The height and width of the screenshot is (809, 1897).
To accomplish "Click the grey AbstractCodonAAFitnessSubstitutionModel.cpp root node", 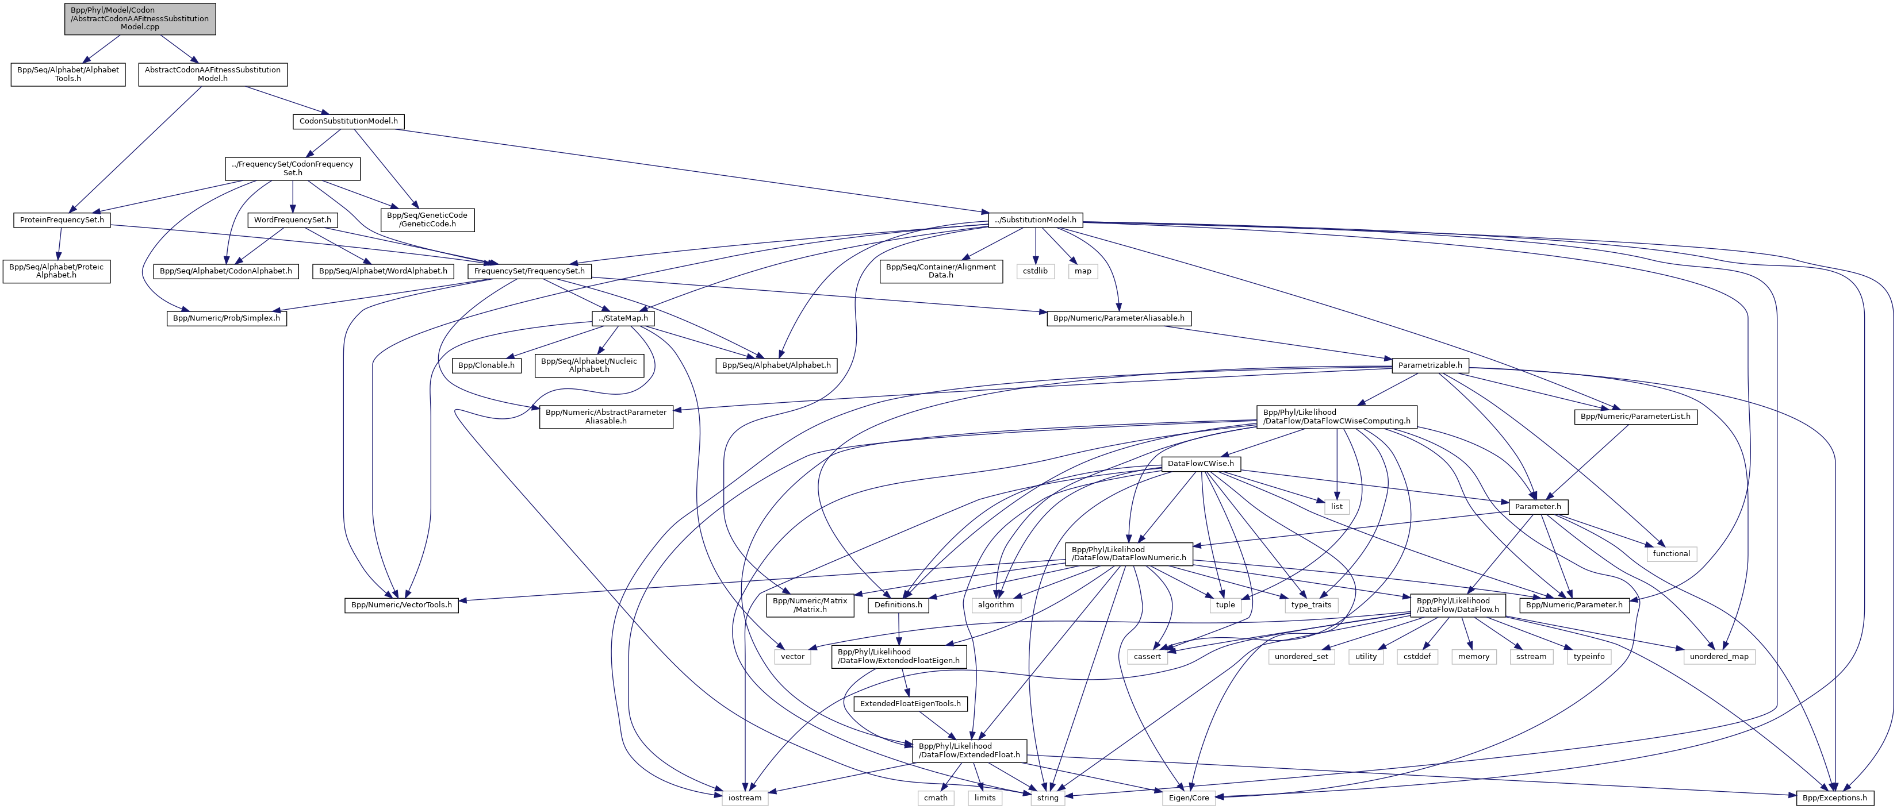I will click(140, 18).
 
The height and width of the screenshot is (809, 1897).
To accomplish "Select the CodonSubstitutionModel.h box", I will click(348, 121).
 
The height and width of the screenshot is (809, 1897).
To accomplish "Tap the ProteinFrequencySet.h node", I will click(62, 220).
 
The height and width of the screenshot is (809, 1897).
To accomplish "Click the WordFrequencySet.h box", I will click(292, 220).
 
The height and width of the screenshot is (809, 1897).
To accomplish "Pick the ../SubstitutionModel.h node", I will click(1036, 220).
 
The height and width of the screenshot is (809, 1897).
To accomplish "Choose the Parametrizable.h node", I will click(1430, 365).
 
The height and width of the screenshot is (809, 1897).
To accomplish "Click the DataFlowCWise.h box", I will click(1200, 464).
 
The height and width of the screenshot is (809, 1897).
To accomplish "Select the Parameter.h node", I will click(1538, 506).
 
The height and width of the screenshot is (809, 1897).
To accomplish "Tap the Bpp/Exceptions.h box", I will click(1834, 798).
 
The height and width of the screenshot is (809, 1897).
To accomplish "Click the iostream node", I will click(745, 798).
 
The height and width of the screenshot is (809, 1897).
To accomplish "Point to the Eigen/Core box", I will click(1189, 798).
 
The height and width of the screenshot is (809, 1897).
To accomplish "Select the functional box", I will click(1671, 553).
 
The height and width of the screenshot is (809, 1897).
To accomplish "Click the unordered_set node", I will click(1301, 657).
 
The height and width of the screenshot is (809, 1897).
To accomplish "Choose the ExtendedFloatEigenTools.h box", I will click(910, 704).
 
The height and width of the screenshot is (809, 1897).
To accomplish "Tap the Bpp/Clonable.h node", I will click(486, 365).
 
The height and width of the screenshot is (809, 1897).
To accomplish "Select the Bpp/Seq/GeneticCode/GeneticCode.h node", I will click(427, 219).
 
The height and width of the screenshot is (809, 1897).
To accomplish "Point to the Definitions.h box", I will click(898, 605).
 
